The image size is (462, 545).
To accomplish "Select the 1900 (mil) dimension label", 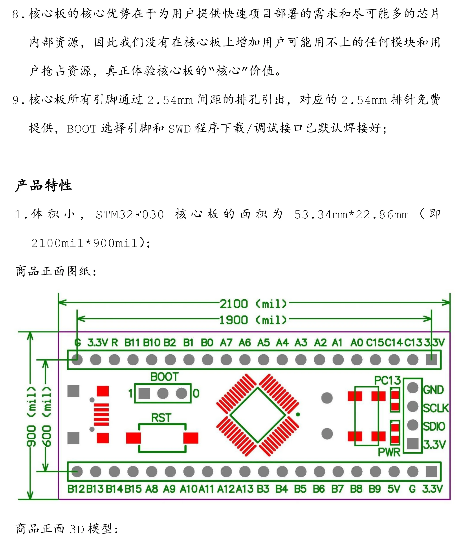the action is (x=253, y=320).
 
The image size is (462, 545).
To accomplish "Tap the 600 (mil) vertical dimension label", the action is (x=47, y=417).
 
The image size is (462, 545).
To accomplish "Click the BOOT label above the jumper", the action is (x=165, y=377).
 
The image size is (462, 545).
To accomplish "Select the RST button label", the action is (x=161, y=418).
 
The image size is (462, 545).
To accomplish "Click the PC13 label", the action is (x=388, y=380).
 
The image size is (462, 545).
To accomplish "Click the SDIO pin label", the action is (x=434, y=426).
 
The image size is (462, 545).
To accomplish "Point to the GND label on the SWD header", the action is (x=434, y=390).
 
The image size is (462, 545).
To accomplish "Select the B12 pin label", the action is (x=76, y=489).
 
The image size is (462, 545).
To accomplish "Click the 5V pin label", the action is (x=394, y=489).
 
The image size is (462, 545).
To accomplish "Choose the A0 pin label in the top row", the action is (x=357, y=342).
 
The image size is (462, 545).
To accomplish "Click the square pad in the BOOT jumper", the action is (x=144, y=393).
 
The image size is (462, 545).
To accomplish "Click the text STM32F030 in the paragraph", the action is (x=130, y=215).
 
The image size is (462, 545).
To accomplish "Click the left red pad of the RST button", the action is (x=133, y=438).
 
